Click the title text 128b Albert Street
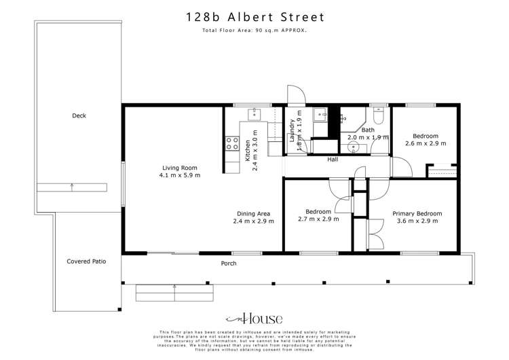pyautogui.click(x=254, y=17)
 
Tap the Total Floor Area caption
pyautogui.click(x=254, y=31)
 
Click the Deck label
pyautogui.click(x=79, y=116)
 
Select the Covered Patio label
pyautogui.click(x=86, y=261)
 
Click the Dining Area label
pyautogui.click(x=254, y=213)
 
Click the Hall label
pyautogui.click(x=333, y=160)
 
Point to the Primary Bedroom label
pyautogui.click(x=417, y=213)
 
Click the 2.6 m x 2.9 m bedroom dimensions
pyautogui.click(x=426, y=143)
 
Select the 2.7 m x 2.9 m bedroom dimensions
pyautogui.click(x=318, y=219)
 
